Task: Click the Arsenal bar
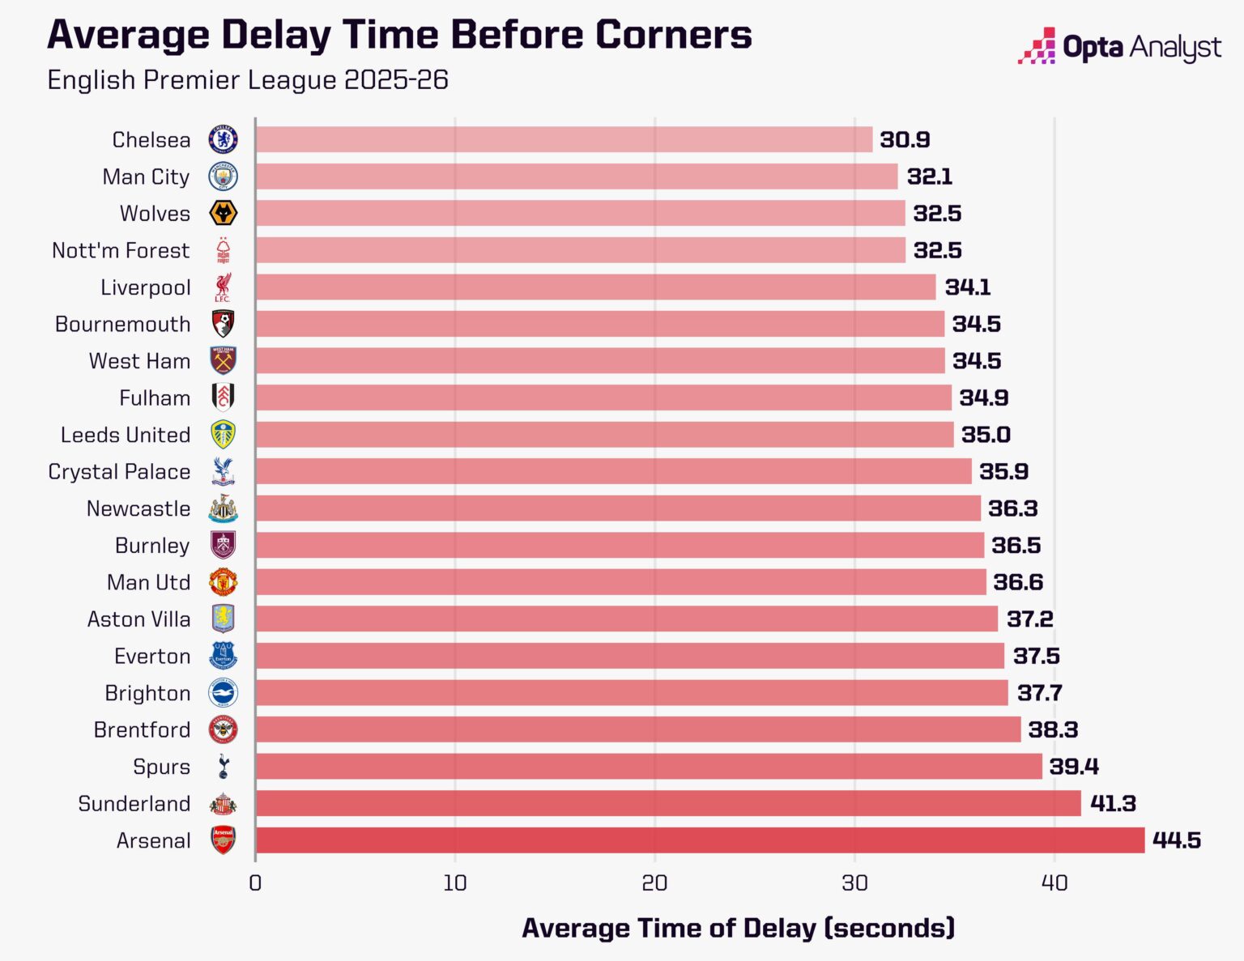point(700,840)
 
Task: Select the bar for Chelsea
point(564,139)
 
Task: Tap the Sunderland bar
point(668,803)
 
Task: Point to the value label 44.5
point(1176,840)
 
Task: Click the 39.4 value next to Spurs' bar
point(1074,767)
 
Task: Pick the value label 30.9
point(905,140)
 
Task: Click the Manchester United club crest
point(223,582)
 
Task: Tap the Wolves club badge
point(223,214)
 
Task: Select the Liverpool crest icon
point(223,287)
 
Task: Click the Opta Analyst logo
point(1120,47)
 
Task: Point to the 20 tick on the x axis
point(654,883)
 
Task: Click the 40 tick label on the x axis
point(1054,883)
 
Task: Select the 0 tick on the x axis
point(255,883)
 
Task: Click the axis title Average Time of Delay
point(738,928)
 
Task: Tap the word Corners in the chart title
point(673,35)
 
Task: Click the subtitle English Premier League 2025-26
point(248,80)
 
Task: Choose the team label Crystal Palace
point(119,472)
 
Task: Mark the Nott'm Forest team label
point(121,251)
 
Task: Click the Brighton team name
point(147,693)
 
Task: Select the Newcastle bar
point(618,508)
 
